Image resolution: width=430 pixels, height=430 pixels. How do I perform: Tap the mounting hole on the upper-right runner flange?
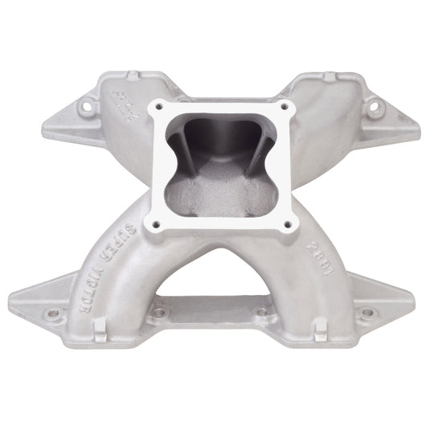(x=373, y=104)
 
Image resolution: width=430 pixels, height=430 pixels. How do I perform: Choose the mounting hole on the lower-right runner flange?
(x=367, y=313)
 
